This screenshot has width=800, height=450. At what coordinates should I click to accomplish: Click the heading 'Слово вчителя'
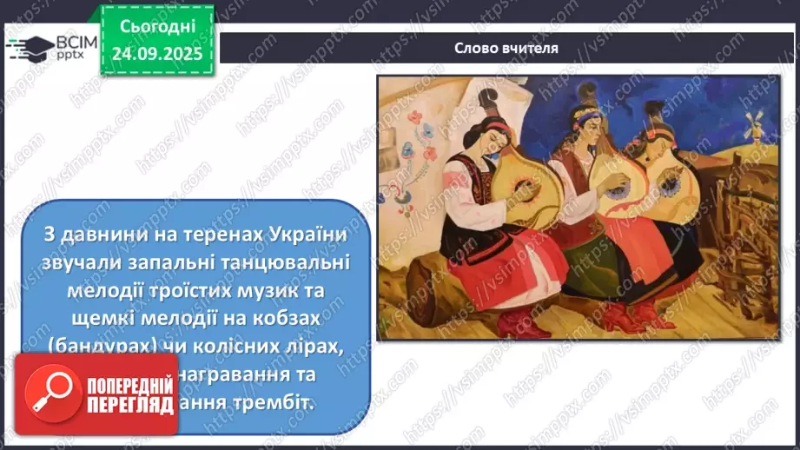pyautogui.click(x=506, y=48)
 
